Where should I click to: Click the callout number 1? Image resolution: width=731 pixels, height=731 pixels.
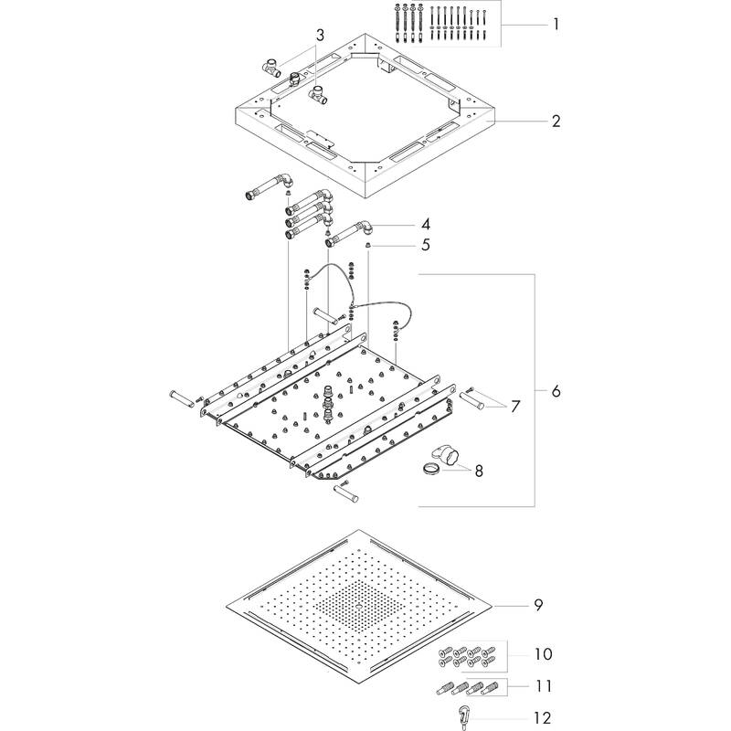pyautogui.click(x=556, y=24)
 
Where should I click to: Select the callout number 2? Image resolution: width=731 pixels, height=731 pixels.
pyautogui.click(x=556, y=121)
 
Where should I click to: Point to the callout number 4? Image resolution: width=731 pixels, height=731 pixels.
pyautogui.click(x=426, y=224)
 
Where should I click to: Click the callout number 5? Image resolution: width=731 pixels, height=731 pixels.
pyautogui.click(x=426, y=245)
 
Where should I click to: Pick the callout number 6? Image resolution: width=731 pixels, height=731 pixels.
pyautogui.click(x=556, y=391)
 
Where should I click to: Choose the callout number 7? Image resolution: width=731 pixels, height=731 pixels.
pyautogui.click(x=514, y=405)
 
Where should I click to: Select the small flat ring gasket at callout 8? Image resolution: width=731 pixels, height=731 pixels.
pyautogui.click(x=429, y=470)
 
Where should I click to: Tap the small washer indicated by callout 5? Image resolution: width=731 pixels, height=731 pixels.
pyautogui.click(x=367, y=245)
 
